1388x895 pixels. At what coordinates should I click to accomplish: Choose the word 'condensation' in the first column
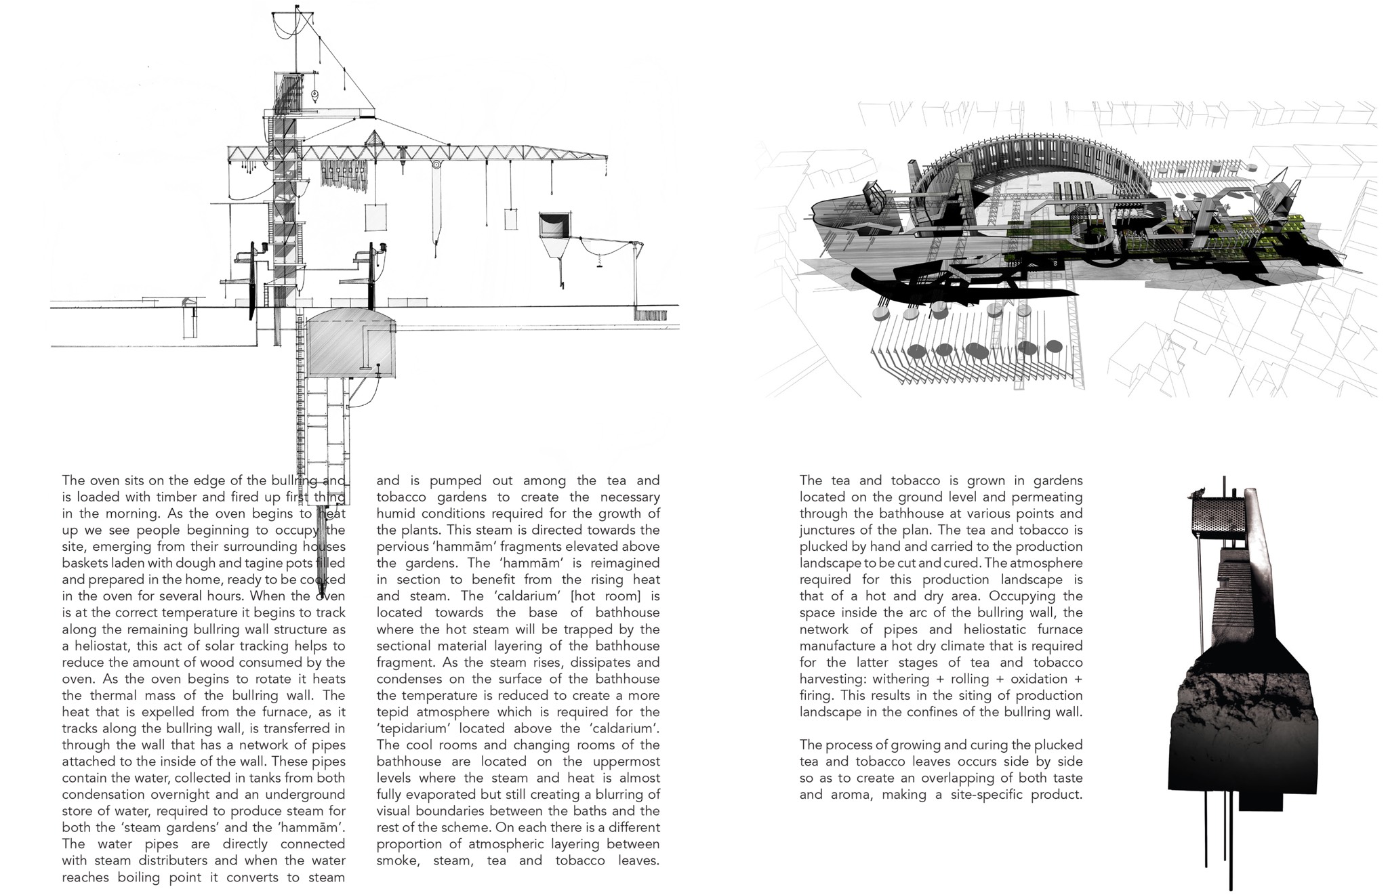click(x=103, y=794)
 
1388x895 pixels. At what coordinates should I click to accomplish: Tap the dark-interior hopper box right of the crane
click(x=554, y=226)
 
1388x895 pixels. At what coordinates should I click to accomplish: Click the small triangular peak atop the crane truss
click(x=374, y=140)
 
